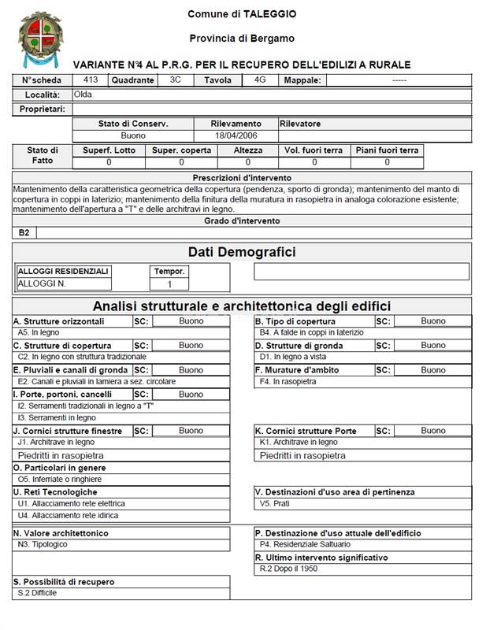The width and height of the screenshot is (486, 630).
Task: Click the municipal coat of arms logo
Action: [37, 39]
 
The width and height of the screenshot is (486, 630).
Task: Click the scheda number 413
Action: [90, 80]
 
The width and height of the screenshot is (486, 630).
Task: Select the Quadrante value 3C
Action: [176, 80]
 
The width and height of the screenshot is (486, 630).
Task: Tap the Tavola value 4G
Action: [260, 80]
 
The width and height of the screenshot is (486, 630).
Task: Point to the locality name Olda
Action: [83, 94]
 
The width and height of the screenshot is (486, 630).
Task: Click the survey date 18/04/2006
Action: [236, 135]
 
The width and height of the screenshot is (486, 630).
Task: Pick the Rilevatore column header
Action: [300, 124]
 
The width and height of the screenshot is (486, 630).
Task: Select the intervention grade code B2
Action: [24, 232]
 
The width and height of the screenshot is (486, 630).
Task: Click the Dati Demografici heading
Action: [242, 252]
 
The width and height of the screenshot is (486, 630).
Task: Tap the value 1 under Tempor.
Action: [169, 284]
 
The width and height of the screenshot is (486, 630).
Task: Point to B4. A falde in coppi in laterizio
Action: [311, 333]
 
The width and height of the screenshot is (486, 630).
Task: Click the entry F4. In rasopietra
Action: [288, 381]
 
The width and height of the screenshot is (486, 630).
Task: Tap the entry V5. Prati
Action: [276, 503]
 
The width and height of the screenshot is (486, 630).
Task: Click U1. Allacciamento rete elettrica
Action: [71, 503]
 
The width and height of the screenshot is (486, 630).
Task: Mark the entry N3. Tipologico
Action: [43, 544]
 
